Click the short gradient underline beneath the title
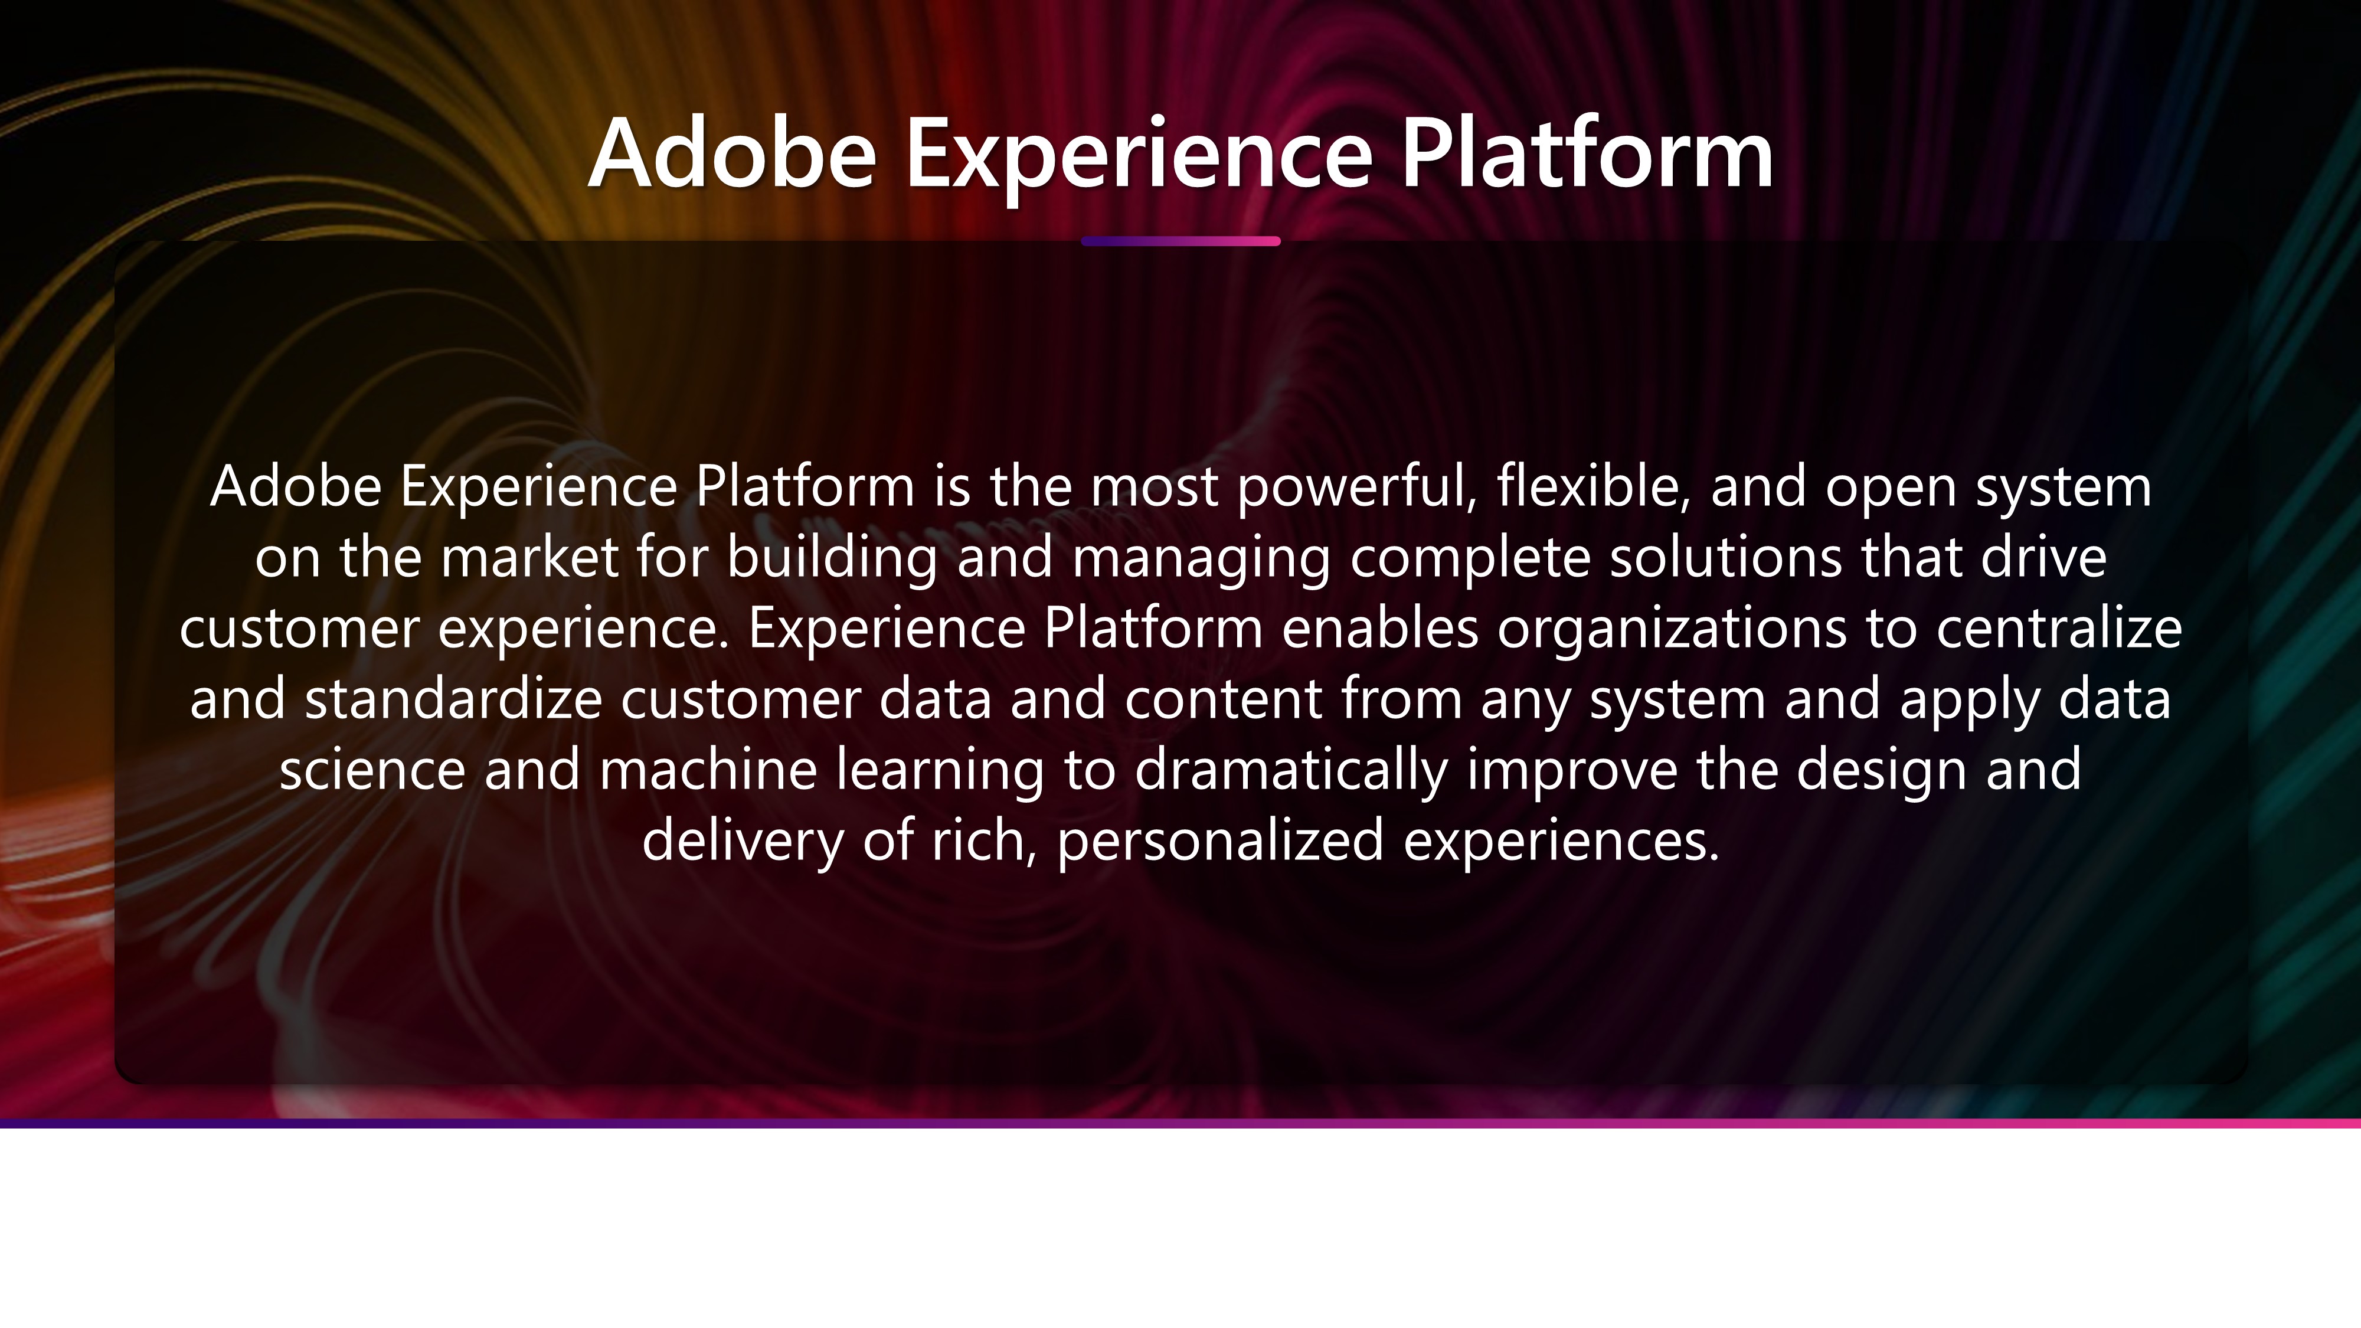(1180, 241)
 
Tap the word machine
(708, 769)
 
